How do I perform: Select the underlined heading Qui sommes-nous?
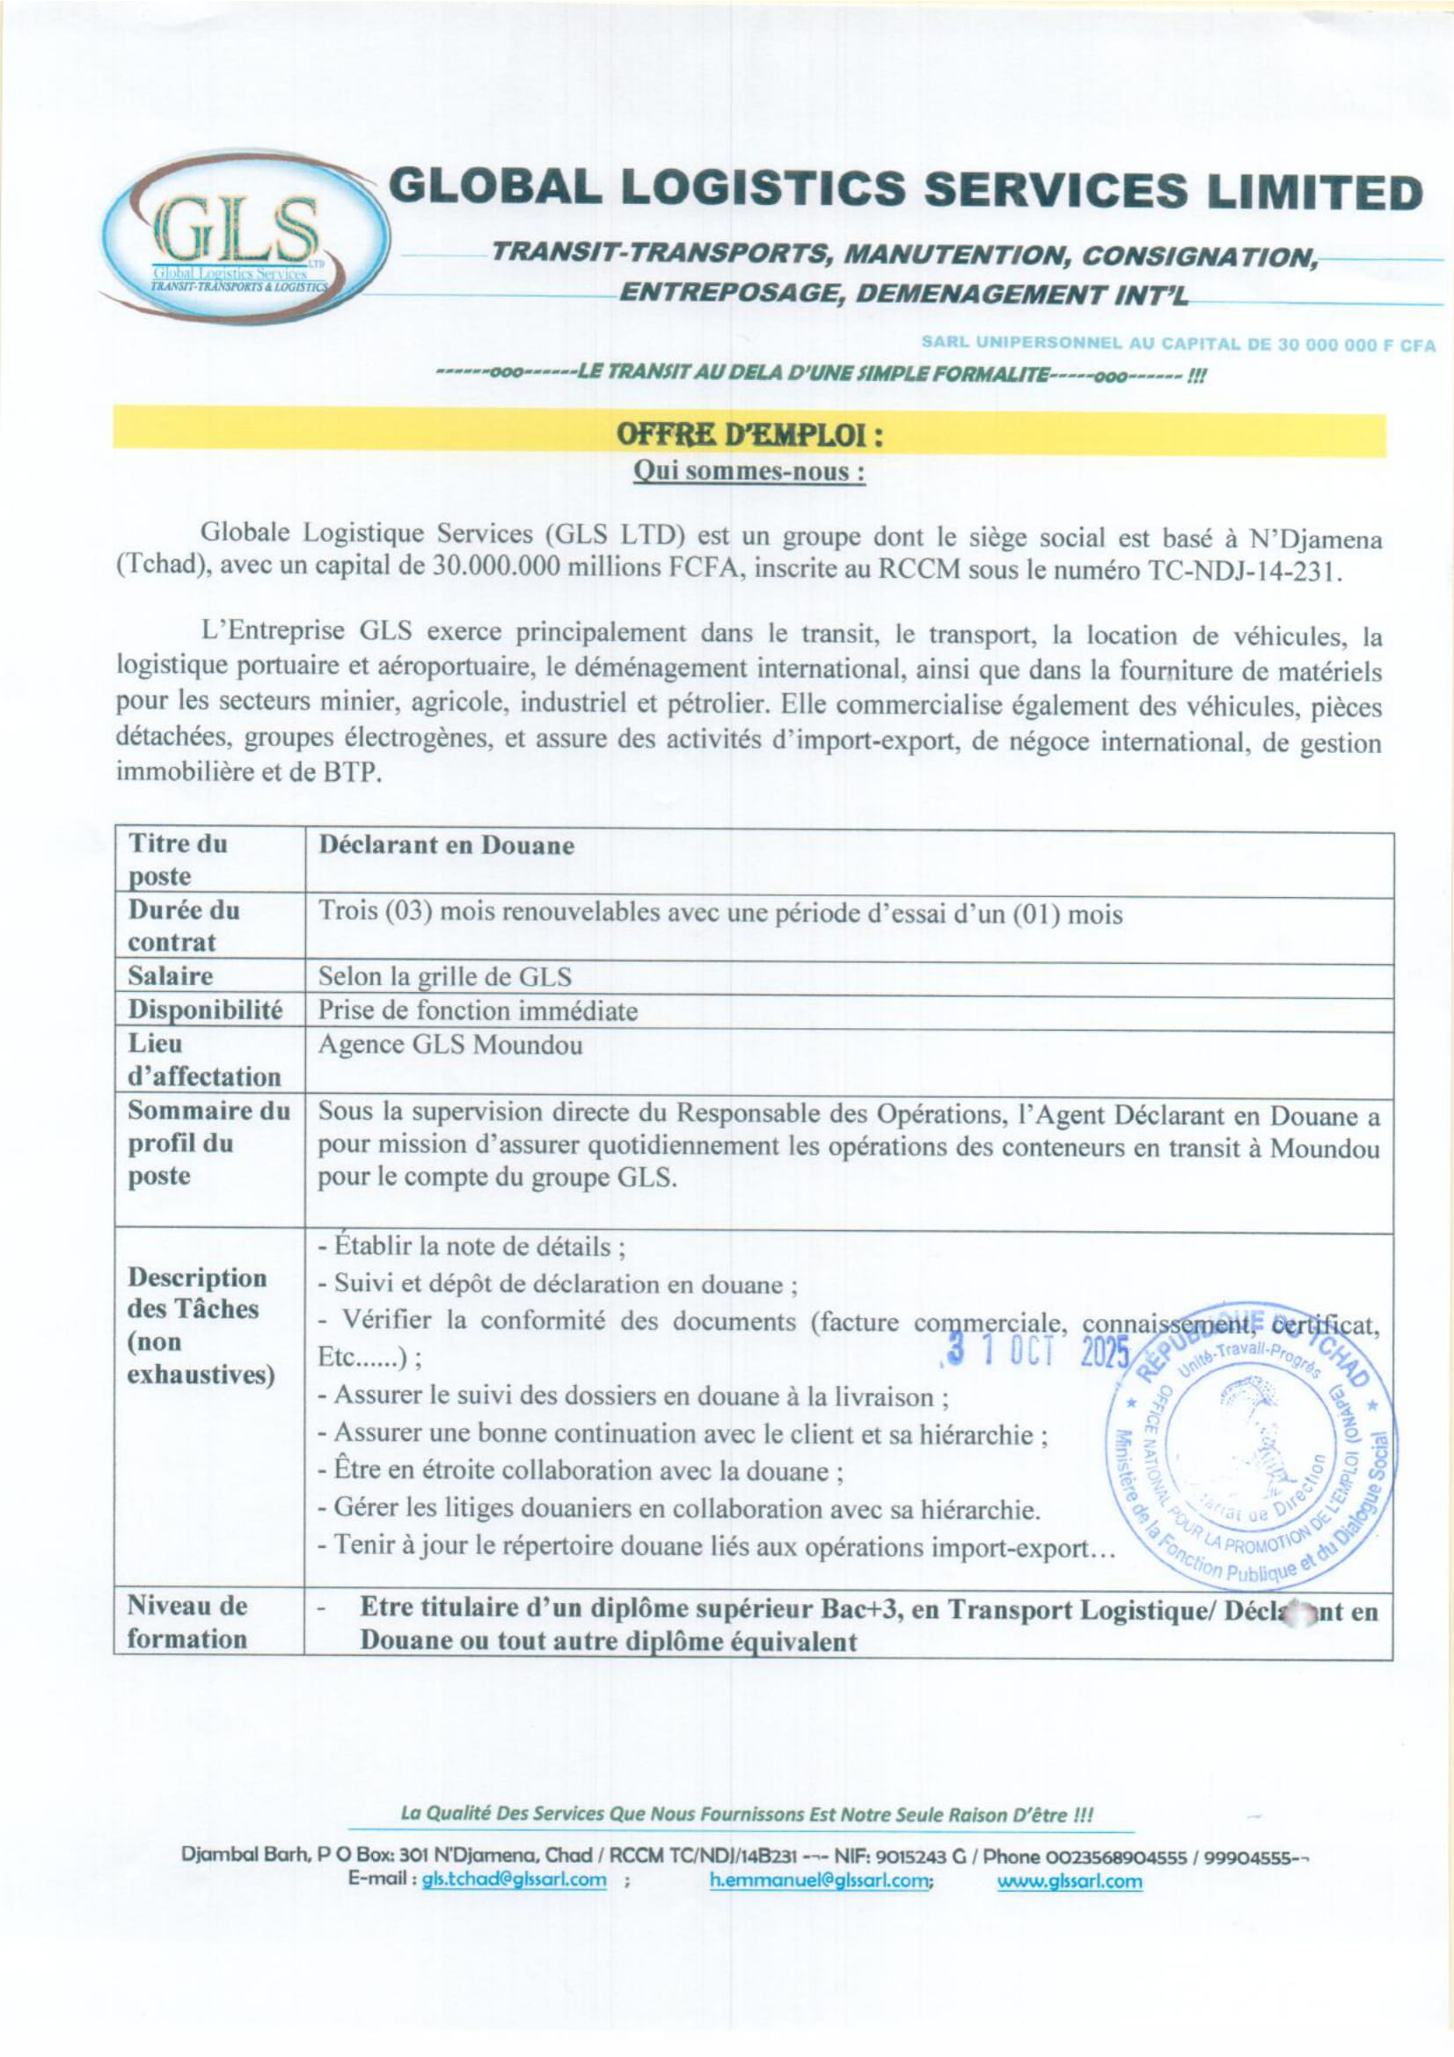click(749, 471)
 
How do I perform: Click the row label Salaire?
click(171, 975)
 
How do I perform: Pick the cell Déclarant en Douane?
click(446, 846)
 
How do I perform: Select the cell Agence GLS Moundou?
click(449, 1045)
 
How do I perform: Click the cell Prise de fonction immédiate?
click(478, 1010)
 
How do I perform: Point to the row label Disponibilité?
click(204, 1010)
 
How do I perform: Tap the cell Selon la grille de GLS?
click(444, 976)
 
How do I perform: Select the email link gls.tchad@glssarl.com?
click(514, 1879)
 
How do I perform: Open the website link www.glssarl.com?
click(1070, 1879)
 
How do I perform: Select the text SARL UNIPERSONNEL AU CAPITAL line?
click(1177, 344)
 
